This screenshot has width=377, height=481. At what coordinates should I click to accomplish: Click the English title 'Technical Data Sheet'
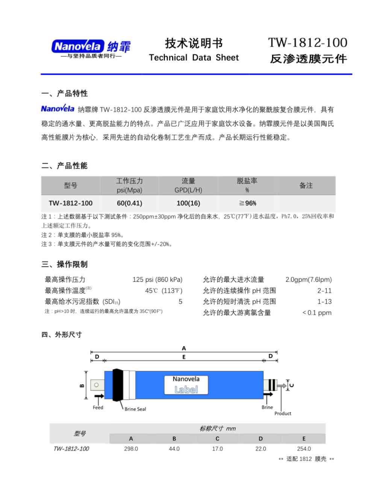click(x=194, y=57)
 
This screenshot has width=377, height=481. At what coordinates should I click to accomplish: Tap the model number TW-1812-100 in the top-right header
click(x=307, y=42)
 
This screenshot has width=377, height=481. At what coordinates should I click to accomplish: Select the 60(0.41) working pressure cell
click(x=129, y=203)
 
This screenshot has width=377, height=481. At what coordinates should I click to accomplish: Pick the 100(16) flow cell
click(x=188, y=203)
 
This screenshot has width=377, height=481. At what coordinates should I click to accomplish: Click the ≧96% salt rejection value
click(x=247, y=203)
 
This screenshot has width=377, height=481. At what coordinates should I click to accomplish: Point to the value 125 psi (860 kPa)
click(x=157, y=280)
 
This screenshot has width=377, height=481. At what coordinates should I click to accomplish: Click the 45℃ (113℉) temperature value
click(x=164, y=290)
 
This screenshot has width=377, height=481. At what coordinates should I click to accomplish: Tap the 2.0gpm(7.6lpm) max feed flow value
click(x=308, y=280)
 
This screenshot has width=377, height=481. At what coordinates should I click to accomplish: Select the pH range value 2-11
click(x=324, y=290)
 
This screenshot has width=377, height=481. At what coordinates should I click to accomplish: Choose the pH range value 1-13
click(x=324, y=301)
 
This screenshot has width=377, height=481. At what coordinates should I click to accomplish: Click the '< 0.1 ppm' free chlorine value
click(x=317, y=313)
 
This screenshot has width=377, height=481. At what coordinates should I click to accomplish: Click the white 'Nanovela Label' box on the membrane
click(x=186, y=385)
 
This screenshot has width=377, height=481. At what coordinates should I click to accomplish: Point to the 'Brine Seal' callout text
click(x=135, y=409)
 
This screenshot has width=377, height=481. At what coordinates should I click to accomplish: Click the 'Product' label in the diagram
click(x=283, y=413)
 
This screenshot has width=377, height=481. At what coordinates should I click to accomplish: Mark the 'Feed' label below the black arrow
click(x=98, y=407)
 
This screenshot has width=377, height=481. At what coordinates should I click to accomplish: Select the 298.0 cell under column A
click(x=131, y=449)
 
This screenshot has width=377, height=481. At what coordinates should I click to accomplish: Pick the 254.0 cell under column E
click(x=304, y=449)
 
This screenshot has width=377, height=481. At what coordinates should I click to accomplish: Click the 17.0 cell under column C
click(x=217, y=449)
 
